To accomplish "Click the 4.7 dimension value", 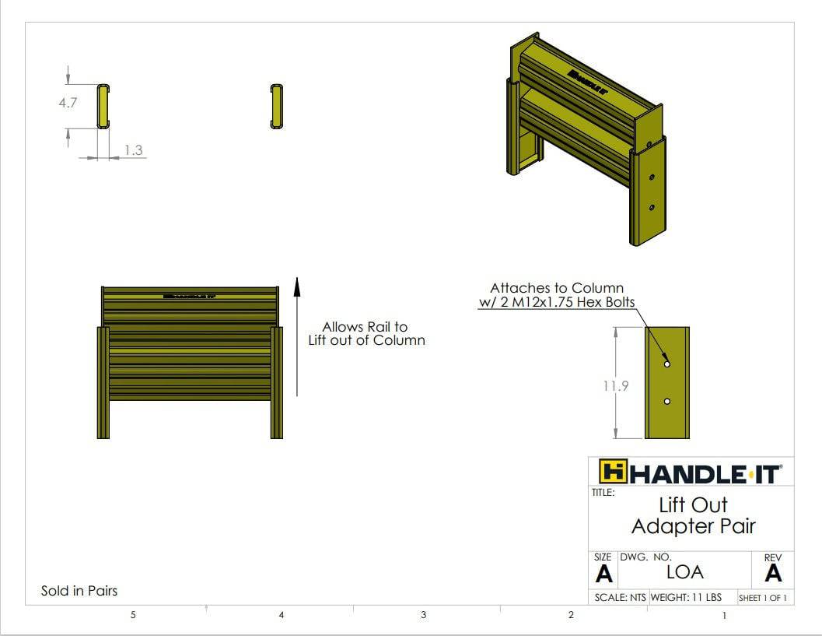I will pos(68,102).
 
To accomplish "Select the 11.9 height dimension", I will pos(617,385).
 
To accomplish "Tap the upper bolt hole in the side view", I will pos(666,364).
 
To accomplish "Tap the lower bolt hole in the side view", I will pos(666,402).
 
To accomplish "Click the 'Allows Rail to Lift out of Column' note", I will pos(366,333).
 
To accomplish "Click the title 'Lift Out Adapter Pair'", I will pos(693,515).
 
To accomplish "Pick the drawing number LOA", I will pos(684,572).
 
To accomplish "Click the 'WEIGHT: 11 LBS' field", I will pos(685,598).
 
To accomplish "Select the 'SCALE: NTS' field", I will pos(620,598).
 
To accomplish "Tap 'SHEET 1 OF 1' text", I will pos(762,598).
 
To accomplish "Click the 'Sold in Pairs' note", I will pos(79,591).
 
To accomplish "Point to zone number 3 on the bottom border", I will pos(423,615).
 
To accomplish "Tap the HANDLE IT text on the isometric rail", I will pos(587,80).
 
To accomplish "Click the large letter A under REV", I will pos(772,574).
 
